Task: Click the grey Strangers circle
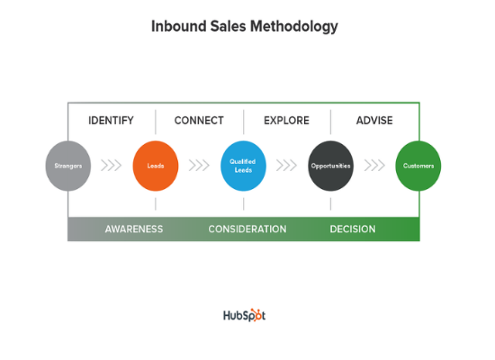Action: tap(67, 166)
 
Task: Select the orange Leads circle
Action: tap(156, 166)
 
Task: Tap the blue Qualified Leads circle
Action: tap(243, 166)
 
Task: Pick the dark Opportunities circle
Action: tap(331, 166)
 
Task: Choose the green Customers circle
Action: tap(418, 166)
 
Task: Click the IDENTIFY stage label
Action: tap(111, 121)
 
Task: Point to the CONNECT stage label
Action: tap(199, 121)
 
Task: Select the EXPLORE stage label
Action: tap(286, 121)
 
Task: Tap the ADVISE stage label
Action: tap(374, 121)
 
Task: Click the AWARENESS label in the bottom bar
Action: tap(134, 229)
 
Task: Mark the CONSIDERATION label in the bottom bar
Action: tap(247, 229)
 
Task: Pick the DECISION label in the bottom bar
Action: tap(353, 229)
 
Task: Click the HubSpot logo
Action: tap(245, 315)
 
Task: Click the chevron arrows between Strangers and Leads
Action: tap(112, 166)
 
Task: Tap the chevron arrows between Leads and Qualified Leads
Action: tap(199, 166)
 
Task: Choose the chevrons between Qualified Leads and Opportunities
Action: tap(287, 166)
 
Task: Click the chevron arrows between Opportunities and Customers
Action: tap(374, 166)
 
